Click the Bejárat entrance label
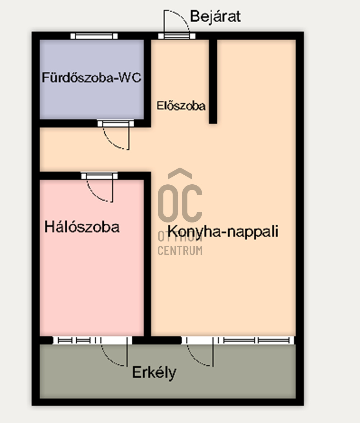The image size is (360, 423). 215,17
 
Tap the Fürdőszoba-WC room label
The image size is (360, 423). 91,78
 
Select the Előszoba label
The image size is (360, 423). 181,106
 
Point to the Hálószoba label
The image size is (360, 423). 82,227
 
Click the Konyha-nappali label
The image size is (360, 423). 223,231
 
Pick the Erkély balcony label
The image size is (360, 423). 154,372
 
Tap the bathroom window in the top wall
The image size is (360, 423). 94,36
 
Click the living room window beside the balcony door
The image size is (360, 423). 256,340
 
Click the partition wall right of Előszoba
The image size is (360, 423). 213,81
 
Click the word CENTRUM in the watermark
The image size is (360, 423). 180,251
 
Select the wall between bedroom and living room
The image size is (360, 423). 147,256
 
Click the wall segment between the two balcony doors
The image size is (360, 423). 157,340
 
